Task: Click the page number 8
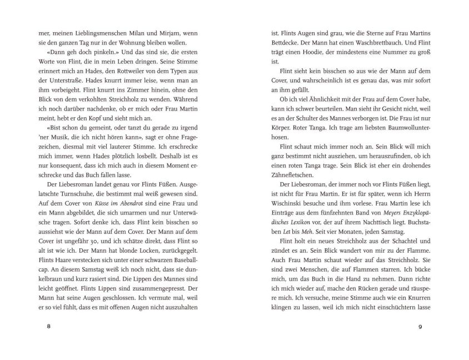(49, 326)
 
